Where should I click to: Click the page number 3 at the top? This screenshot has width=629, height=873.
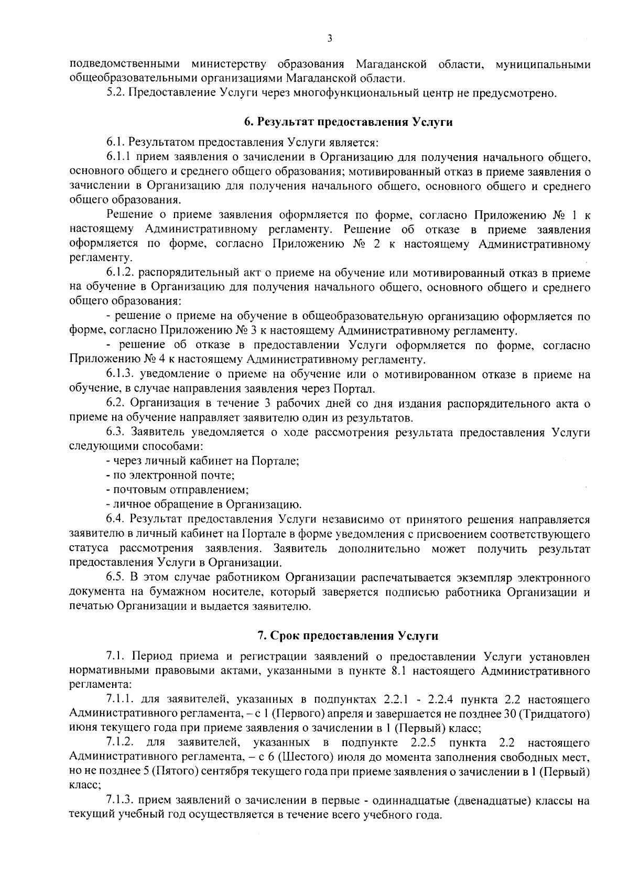(x=329, y=38)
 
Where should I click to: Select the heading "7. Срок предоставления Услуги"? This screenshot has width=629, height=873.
(x=348, y=635)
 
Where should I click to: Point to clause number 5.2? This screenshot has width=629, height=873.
(x=115, y=93)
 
